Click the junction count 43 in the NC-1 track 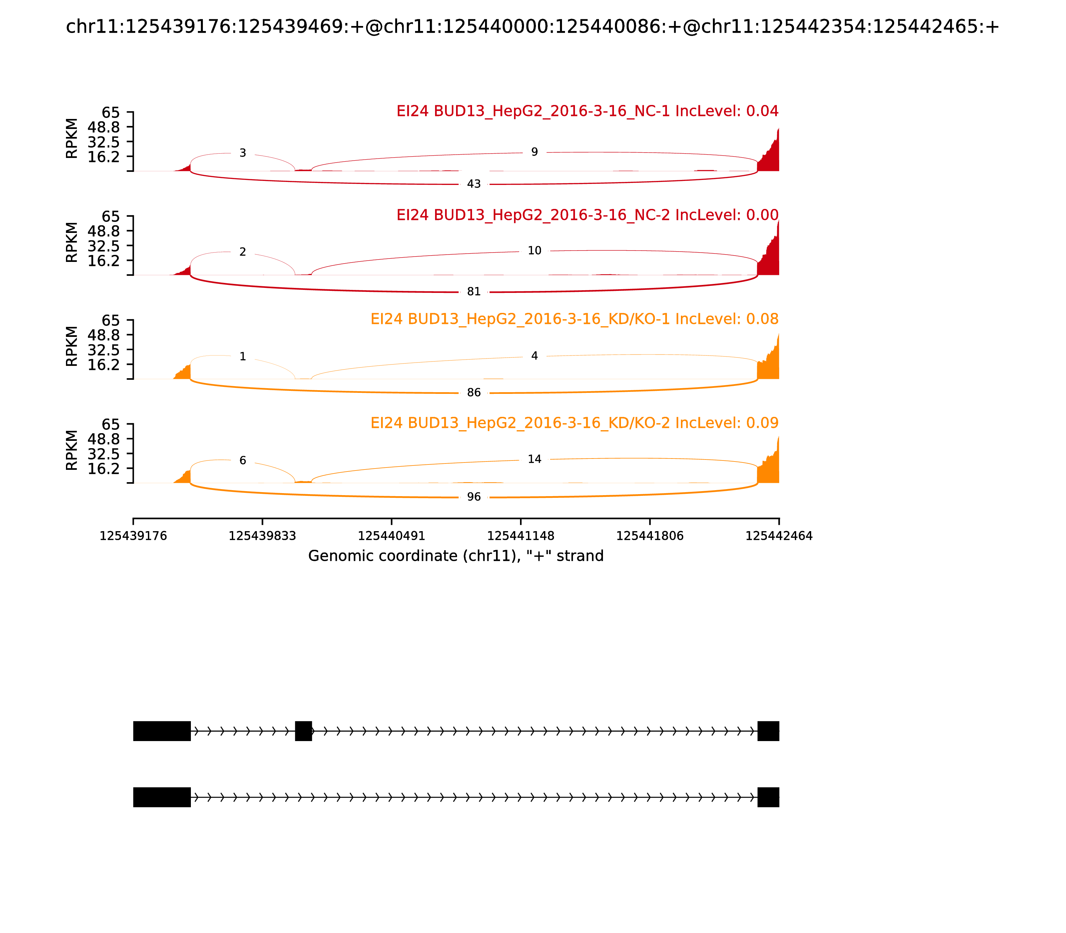click(x=474, y=184)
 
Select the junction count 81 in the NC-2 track click(x=474, y=292)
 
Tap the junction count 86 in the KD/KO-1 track click(x=474, y=393)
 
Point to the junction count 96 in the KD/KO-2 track click(x=474, y=497)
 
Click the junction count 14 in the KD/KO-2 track click(x=535, y=459)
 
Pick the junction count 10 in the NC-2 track click(x=535, y=251)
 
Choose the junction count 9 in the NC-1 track click(x=535, y=152)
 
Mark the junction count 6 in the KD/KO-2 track click(x=243, y=460)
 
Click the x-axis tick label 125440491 click(x=391, y=536)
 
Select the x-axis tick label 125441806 click(x=650, y=536)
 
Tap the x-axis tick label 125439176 click(x=133, y=536)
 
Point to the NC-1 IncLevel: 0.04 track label click(x=587, y=111)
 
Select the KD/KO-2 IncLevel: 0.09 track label click(x=574, y=423)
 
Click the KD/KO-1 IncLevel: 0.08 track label click(x=574, y=319)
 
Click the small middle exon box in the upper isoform click(x=303, y=731)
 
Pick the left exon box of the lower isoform click(x=162, y=797)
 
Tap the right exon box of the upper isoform click(x=768, y=731)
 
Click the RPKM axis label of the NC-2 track click(x=72, y=242)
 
